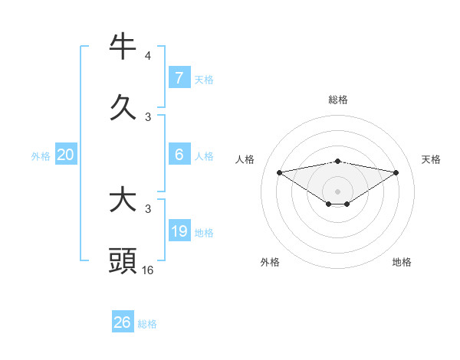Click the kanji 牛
pyautogui.click(x=123, y=47)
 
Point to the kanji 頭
pyautogui.click(x=123, y=260)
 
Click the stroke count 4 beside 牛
pyautogui.click(x=148, y=56)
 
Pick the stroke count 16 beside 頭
pyautogui.click(x=148, y=270)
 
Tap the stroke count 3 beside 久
pyautogui.click(x=148, y=116)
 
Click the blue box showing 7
pyautogui.click(x=179, y=77)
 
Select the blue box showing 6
pyautogui.click(x=179, y=154)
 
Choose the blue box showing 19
pyautogui.click(x=179, y=231)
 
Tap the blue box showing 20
pyautogui.click(x=66, y=155)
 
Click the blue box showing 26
pyautogui.click(x=123, y=322)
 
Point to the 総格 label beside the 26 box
pyautogui.click(x=147, y=324)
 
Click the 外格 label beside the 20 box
pyautogui.click(x=41, y=156)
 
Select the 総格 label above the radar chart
pyautogui.click(x=338, y=100)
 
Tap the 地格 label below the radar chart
pyautogui.click(x=402, y=262)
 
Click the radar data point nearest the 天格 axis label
pyautogui.click(x=396, y=173)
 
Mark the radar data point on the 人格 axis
pyautogui.click(x=279, y=172)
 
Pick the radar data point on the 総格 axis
pyautogui.click(x=338, y=161)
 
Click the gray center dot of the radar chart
pyautogui.click(x=338, y=191)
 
